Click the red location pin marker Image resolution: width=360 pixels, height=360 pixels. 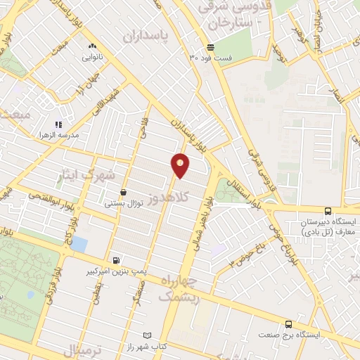181,165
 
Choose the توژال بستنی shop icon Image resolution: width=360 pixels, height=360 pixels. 124,192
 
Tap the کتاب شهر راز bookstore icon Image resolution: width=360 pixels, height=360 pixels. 147,335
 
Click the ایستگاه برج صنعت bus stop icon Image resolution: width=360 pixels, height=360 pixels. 289,324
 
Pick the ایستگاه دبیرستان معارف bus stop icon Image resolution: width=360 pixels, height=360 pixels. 328,210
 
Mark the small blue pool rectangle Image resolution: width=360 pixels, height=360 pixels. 79,245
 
